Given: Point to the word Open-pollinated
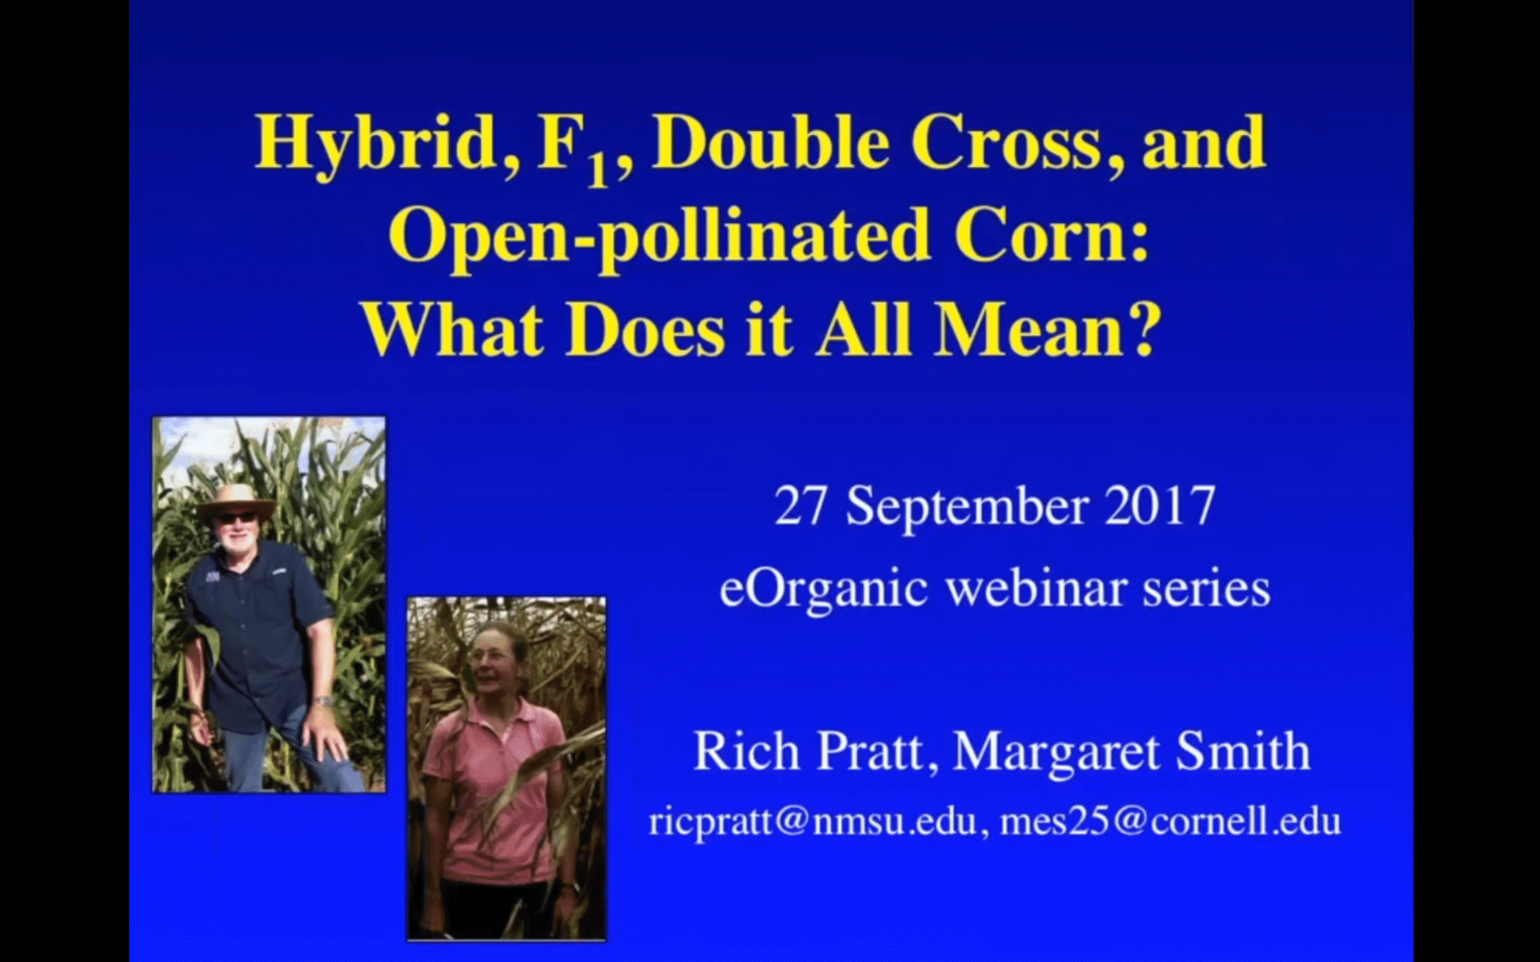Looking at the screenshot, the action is (x=656, y=241).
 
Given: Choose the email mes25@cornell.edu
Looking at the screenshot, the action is (x=1171, y=821).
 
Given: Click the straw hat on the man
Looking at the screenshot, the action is (x=236, y=500).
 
